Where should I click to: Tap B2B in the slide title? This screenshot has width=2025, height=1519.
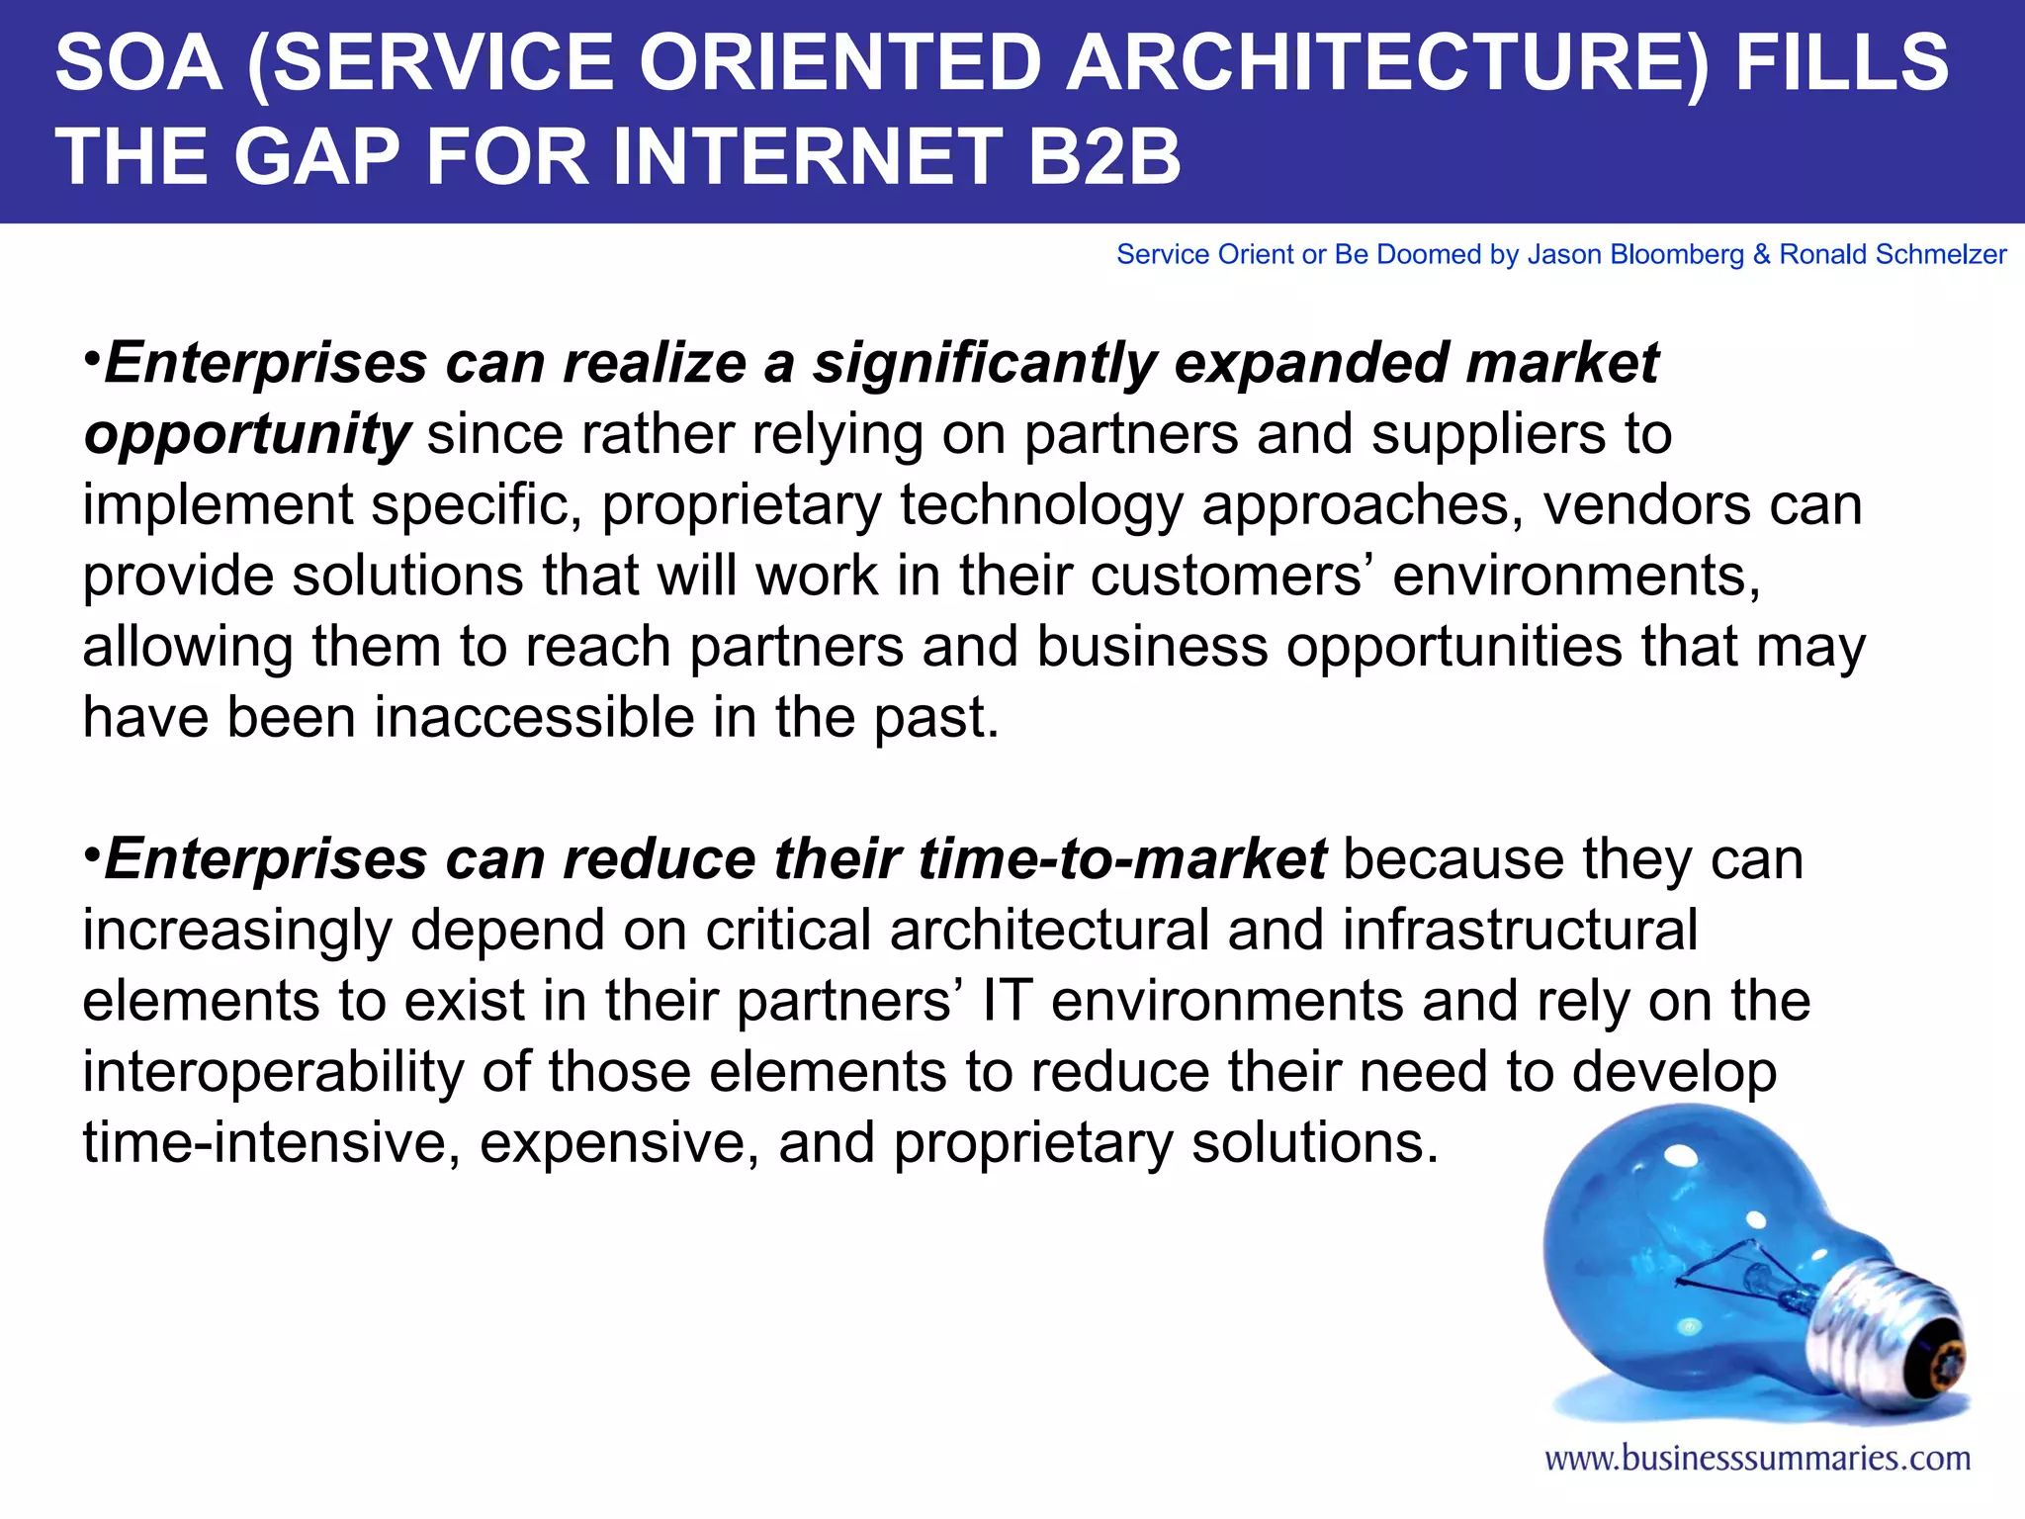coord(1104,157)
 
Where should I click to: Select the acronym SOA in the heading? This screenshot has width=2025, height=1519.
coord(138,64)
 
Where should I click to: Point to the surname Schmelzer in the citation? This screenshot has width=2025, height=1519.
coord(1942,255)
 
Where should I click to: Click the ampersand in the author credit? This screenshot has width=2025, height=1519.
coord(1761,255)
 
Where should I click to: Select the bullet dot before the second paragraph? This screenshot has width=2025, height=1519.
coord(91,851)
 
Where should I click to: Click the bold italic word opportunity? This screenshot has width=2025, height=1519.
coord(246,435)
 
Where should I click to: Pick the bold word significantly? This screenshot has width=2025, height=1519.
coord(984,364)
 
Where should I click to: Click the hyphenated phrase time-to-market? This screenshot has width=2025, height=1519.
coord(1122,858)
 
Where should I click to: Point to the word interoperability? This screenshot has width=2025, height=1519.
coord(273,1072)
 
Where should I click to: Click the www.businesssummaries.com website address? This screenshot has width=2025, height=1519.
coord(1757,1459)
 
